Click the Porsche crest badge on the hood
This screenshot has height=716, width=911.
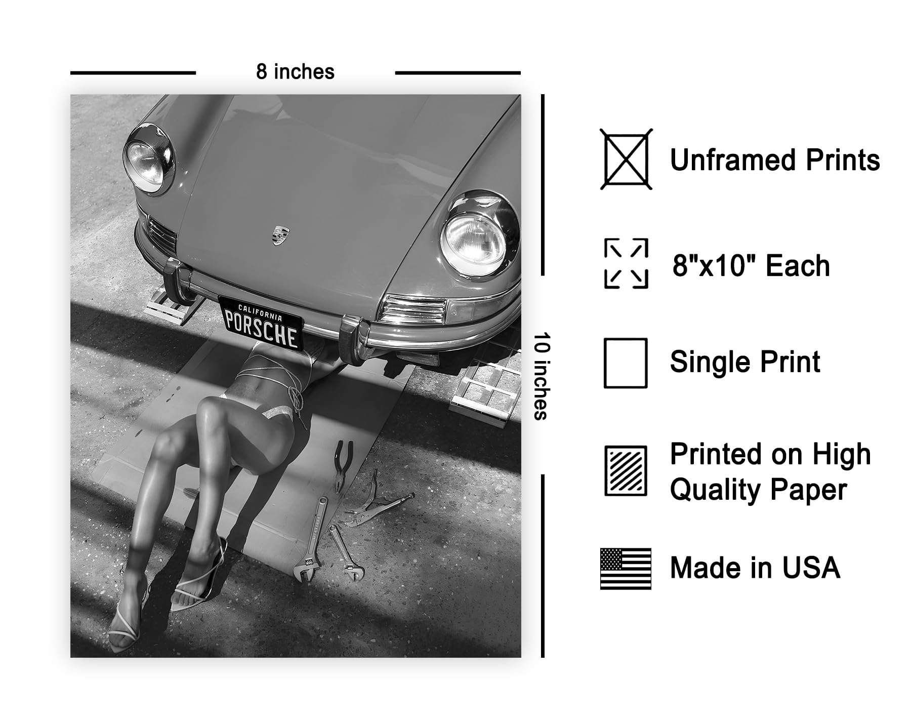tap(278, 235)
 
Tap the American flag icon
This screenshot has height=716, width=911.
tap(626, 569)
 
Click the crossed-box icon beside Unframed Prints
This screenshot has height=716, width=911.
tap(626, 159)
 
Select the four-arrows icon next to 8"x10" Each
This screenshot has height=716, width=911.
tap(626, 263)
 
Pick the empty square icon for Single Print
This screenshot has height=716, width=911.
tap(626, 363)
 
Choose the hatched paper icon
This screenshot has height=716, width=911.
tap(626, 471)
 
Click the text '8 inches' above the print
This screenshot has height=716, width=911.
tap(295, 72)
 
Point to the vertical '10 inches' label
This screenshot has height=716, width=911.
tap(540, 376)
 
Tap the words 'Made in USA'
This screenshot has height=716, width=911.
tap(755, 568)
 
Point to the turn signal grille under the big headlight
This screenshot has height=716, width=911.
tap(414, 309)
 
